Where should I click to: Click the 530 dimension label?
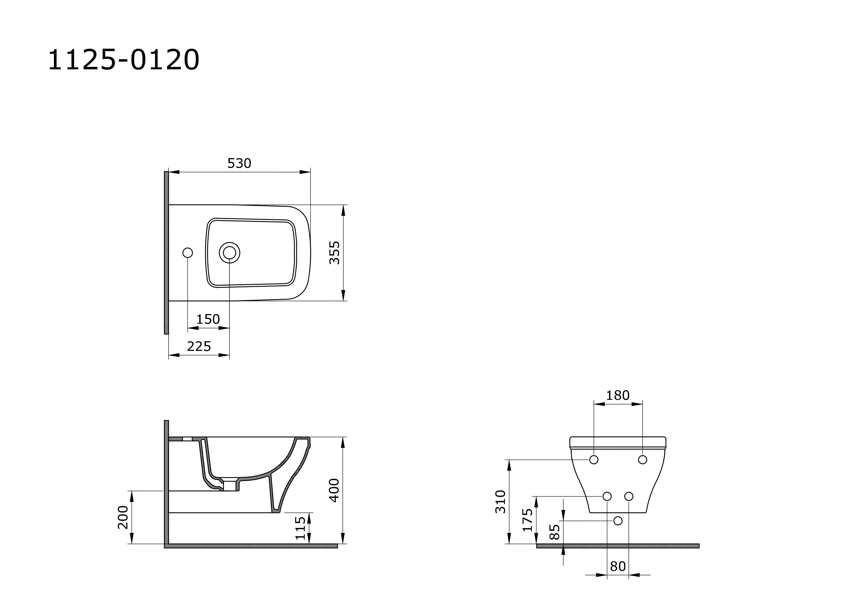(239, 163)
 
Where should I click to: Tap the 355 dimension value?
(335, 253)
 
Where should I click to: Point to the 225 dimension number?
(199, 346)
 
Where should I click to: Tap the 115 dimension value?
(300, 528)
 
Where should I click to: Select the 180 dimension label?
(618, 395)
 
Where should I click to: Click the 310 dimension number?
(501, 501)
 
